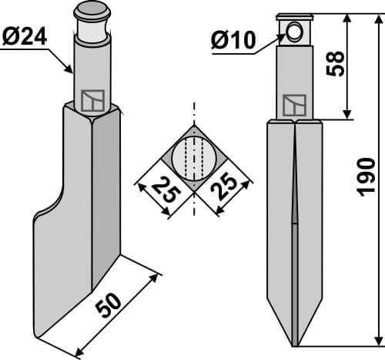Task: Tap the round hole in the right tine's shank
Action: coord(294,32)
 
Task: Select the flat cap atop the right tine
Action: coord(294,15)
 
